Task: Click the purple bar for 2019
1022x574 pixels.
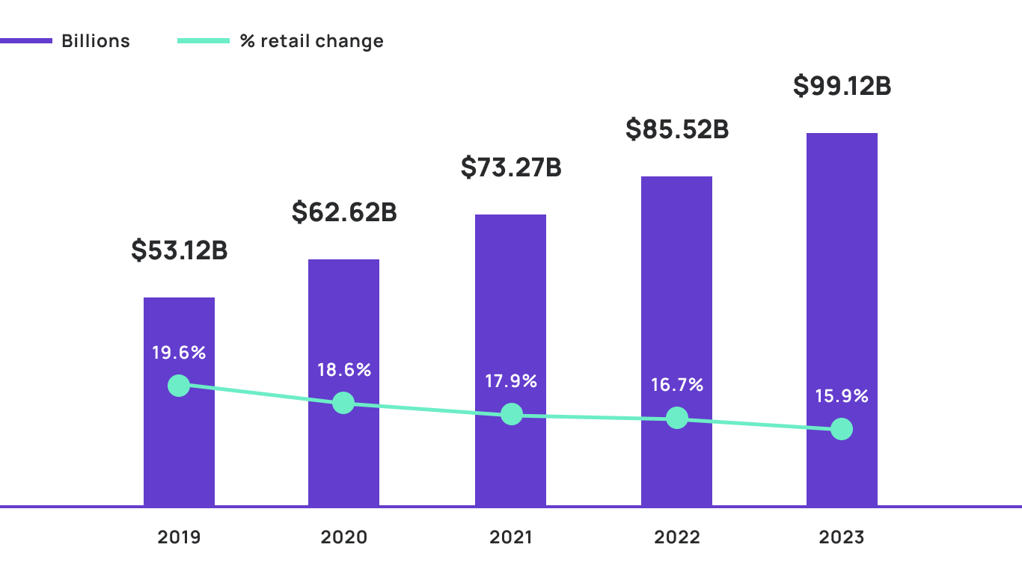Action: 179,448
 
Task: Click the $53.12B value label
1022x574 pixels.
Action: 180,250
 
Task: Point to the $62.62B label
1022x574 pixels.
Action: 344,212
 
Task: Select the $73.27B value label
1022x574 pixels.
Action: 511,167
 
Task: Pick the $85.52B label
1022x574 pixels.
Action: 677,129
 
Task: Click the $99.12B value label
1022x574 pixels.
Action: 842,86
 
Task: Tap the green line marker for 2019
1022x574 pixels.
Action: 179,386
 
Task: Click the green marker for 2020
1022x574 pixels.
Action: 343,403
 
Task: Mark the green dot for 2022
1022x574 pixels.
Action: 677,418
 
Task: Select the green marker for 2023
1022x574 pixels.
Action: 842,429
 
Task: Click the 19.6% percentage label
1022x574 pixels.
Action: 179,353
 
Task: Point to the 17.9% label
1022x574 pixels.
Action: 511,381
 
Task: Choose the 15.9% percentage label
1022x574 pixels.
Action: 842,396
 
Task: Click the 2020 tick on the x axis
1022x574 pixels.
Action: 344,537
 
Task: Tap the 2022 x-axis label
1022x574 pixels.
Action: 676,537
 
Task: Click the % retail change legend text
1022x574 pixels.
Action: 311,41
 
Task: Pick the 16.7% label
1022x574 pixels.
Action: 677,385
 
